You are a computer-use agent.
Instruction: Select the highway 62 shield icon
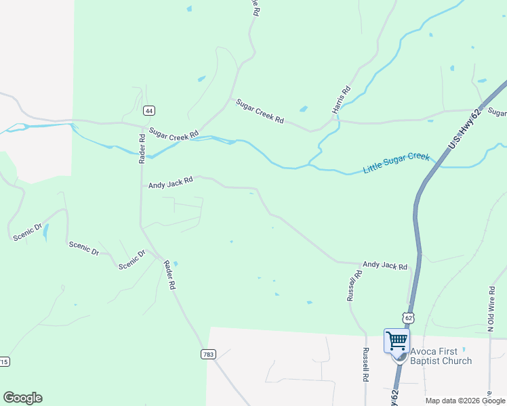[x=407, y=317]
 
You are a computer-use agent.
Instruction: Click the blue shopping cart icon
[x=396, y=340]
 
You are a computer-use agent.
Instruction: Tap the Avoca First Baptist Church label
[x=441, y=356]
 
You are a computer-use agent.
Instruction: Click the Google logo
[x=22, y=398]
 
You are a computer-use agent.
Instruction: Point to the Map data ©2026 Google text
[x=464, y=401]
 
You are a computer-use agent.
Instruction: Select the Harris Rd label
[x=341, y=99]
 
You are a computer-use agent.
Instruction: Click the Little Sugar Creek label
[x=396, y=163]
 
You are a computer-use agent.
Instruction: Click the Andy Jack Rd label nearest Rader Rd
[x=171, y=182]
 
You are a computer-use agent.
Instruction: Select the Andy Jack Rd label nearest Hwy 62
[x=384, y=266]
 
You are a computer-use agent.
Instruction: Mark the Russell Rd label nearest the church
[x=365, y=365]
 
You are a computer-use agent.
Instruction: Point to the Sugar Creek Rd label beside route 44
[x=174, y=133]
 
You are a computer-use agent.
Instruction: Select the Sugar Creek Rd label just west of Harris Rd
[x=260, y=111]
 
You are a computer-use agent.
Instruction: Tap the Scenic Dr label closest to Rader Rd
[x=132, y=260]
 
